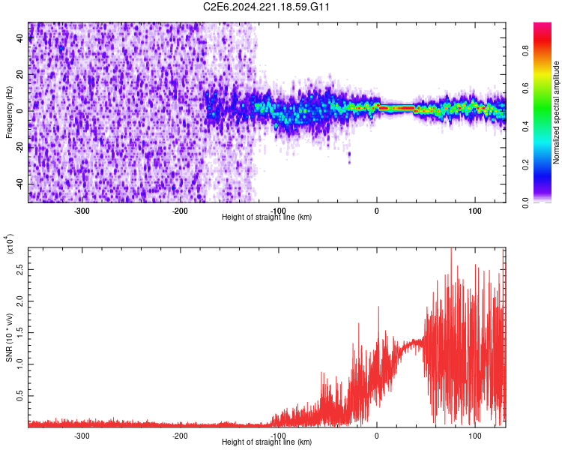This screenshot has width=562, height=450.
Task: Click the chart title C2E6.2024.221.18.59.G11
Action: point(267,7)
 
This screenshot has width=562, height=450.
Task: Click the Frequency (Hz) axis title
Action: point(9,112)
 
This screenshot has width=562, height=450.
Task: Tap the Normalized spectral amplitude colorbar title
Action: point(557,112)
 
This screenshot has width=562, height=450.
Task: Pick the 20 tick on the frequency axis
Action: point(21,75)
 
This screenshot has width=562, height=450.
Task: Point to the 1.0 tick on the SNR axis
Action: point(19,364)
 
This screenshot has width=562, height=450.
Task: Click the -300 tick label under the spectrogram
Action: point(82,210)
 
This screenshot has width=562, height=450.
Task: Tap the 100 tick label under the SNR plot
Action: point(474,435)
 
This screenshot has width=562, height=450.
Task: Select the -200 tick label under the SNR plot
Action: point(180,435)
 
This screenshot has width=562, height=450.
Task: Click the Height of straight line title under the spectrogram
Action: point(267,217)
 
